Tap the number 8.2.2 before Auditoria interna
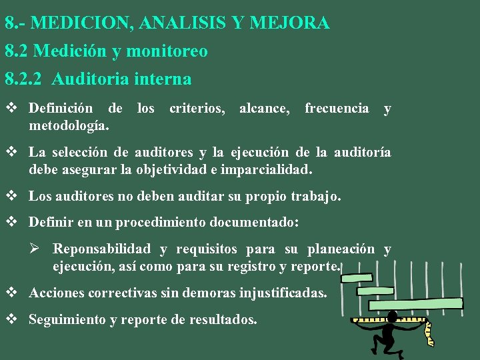(x=23, y=79)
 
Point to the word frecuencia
(x=337, y=108)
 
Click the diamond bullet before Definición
(x=11, y=108)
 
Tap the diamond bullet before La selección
(x=11, y=153)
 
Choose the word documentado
(x=253, y=222)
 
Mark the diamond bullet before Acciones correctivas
(x=11, y=292)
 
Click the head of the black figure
(x=392, y=315)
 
